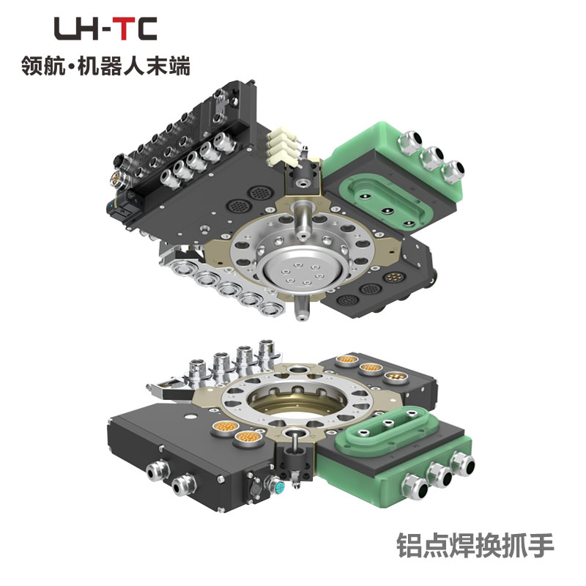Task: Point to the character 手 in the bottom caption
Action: pos(541,545)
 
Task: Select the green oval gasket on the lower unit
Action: pos(387,430)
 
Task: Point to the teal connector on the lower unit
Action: pos(279,488)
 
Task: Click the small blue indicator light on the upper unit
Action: pos(111,205)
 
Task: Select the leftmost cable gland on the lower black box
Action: pos(158,472)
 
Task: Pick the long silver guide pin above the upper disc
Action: pos(302,220)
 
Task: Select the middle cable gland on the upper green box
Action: pos(433,157)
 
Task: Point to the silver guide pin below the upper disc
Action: pos(302,308)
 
